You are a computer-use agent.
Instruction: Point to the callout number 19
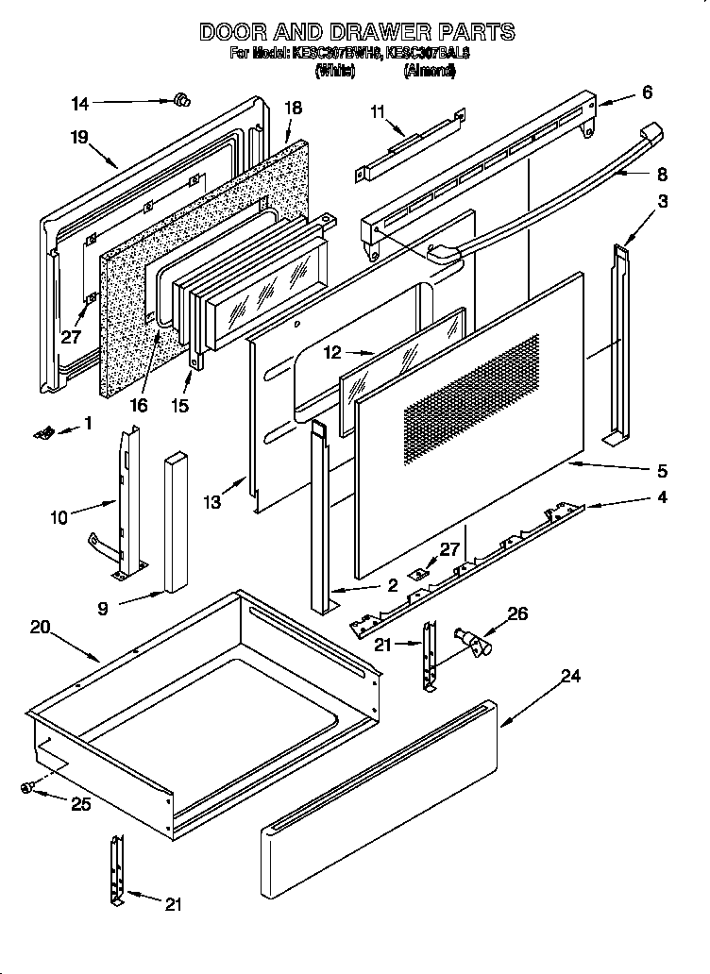point(78,138)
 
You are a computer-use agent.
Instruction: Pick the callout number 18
point(293,108)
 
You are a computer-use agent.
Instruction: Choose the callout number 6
point(646,92)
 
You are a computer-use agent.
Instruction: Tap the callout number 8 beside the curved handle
point(661,174)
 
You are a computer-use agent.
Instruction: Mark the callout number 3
point(663,201)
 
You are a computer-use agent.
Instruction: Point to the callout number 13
point(211,503)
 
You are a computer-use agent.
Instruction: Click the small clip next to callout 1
point(43,431)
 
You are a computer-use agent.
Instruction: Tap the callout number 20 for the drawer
point(39,628)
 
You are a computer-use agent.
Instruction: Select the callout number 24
point(569,676)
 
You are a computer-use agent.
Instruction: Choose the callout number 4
point(663,497)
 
